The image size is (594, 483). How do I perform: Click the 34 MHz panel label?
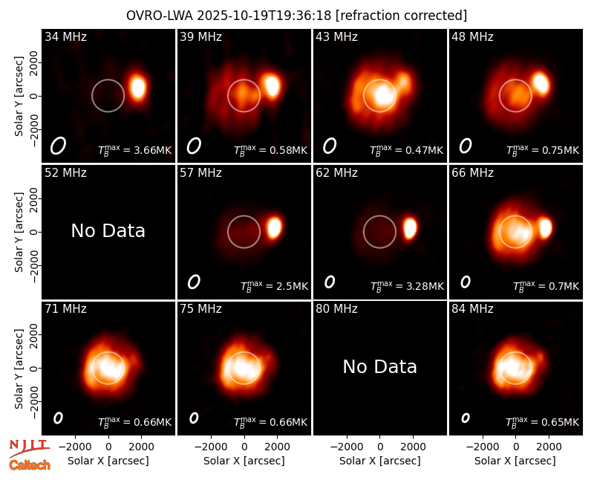click(x=65, y=36)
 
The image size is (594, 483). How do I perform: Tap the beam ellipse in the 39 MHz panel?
click(x=194, y=146)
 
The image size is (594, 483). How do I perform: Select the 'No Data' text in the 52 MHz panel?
click(x=108, y=230)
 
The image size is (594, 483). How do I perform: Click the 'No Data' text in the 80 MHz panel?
click(x=379, y=366)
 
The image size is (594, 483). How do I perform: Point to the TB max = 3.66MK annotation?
click(x=135, y=150)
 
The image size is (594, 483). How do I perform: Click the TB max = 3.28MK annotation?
click(x=407, y=286)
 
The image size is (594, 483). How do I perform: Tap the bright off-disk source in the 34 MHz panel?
click(x=137, y=87)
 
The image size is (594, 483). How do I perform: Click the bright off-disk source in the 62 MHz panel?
click(x=410, y=228)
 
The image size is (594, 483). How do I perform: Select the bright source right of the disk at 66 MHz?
click(x=545, y=228)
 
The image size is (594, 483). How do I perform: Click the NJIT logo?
click(x=29, y=448)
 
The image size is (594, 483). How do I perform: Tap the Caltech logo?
click(x=30, y=465)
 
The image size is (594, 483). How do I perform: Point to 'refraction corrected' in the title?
click(x=402, y=16)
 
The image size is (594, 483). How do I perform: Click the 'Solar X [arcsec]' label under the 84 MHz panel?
click(x=515, y=461)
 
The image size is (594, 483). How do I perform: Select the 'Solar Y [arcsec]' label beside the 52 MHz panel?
click(x=19, y=232)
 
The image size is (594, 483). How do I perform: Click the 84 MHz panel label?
click(x=472, y=309)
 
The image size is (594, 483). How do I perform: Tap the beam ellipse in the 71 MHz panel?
click(x=58, y=418)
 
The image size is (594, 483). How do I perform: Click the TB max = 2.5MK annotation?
click(x=274, y=286)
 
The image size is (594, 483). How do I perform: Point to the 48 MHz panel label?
click(x=472, y=36)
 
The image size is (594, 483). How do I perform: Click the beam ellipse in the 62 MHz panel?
click(x=330, y=282)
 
